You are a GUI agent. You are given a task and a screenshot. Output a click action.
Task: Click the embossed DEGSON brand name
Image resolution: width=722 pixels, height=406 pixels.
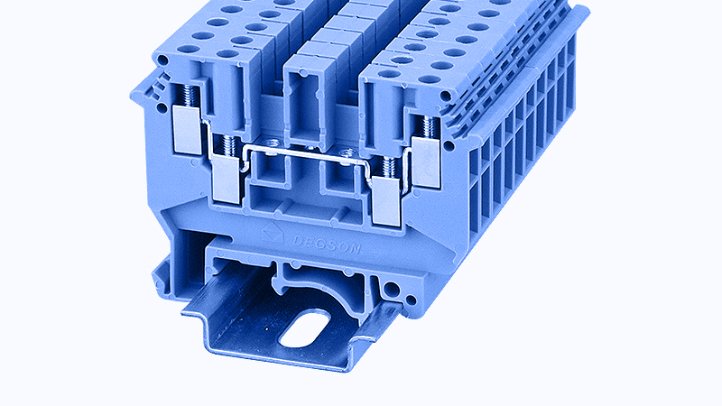coord(326,245)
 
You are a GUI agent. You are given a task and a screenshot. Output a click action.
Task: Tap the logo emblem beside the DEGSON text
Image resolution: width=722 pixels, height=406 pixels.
coord(273,235)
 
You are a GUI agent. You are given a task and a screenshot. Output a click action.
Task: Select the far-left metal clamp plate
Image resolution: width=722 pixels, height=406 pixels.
coord(187,131)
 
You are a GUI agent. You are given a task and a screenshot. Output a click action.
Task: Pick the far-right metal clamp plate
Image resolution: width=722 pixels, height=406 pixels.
coord(427,162)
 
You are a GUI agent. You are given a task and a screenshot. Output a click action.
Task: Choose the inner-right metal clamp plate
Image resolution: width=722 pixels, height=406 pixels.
coord(386,202)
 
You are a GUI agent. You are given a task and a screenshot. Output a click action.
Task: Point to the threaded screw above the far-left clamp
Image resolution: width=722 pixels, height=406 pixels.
coord(188,96)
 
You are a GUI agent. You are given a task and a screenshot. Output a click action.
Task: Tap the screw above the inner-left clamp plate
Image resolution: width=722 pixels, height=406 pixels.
coord(227,145)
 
